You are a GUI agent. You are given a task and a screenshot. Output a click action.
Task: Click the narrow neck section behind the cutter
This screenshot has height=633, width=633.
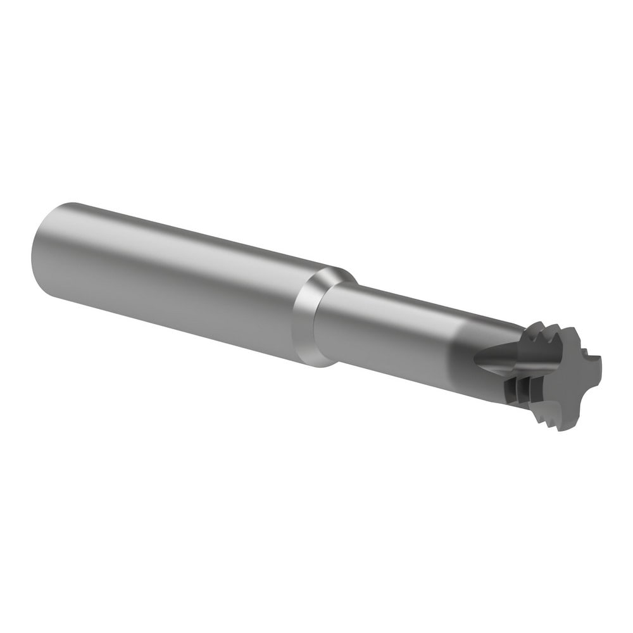392,329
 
